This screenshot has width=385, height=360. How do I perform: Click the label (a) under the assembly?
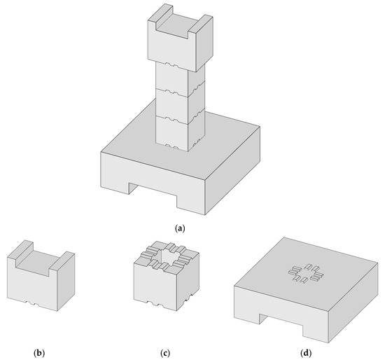click(x=181, y=228)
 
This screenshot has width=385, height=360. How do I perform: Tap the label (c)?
click(x=167, y=350)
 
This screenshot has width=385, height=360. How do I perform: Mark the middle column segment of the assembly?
click(x=174, y=102)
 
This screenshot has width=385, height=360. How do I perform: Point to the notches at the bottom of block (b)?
click(x=35, y=303)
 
